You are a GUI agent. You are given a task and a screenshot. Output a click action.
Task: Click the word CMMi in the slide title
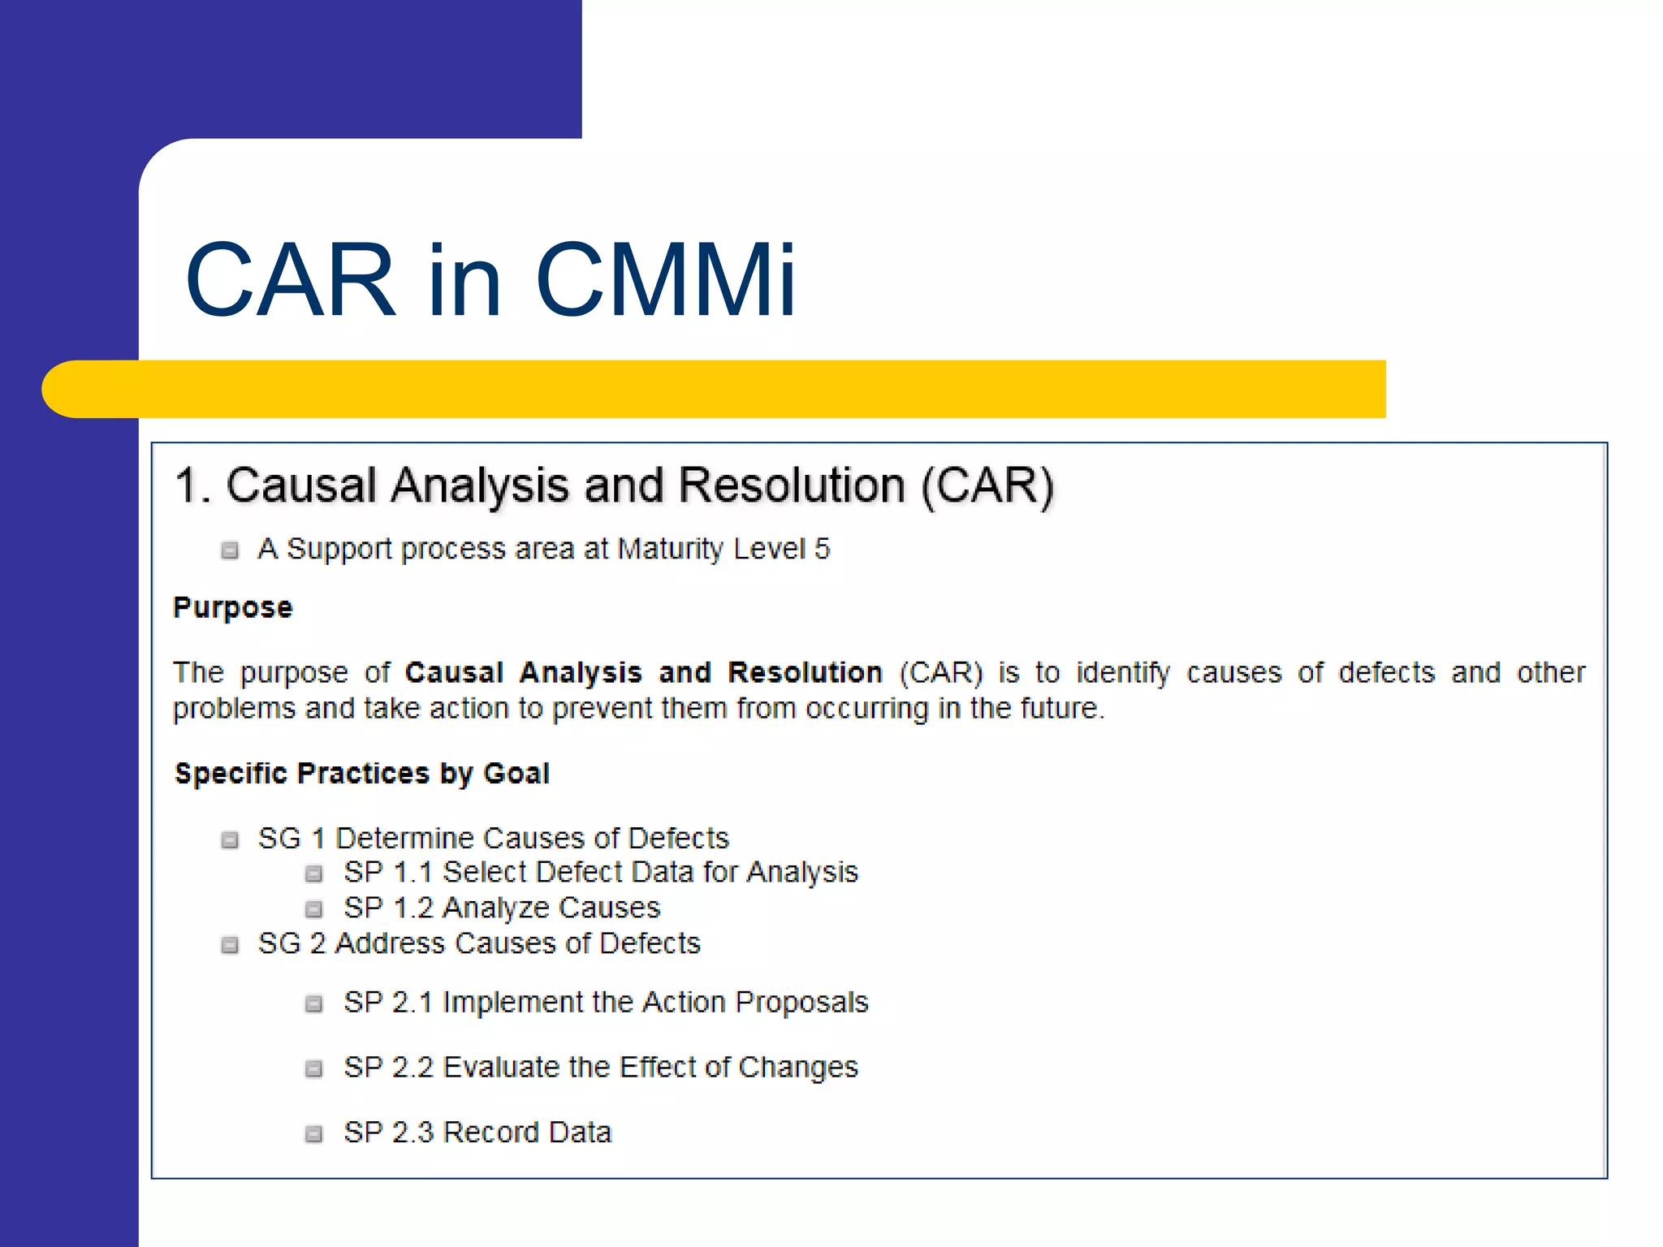(665, 280)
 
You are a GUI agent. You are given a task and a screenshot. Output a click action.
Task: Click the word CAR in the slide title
(290, 280)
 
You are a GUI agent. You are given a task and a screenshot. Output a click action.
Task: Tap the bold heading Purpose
(233, 608)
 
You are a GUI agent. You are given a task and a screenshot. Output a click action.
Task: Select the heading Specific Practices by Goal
(362, 774)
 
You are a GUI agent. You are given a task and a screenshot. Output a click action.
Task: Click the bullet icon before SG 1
(231, 839)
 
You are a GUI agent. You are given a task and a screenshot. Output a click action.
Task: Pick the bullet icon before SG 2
(231, 945)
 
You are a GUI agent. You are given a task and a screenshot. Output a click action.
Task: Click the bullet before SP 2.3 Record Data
(313, 1134)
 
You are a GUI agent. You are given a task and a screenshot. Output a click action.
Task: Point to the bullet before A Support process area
(231, 550)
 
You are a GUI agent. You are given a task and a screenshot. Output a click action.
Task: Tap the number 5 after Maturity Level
(822, 550)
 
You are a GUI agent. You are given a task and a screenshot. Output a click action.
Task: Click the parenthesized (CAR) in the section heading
(987, 486)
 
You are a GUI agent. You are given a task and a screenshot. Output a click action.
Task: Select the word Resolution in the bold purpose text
(805, 673)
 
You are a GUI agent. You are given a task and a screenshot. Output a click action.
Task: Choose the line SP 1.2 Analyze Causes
(502, 908)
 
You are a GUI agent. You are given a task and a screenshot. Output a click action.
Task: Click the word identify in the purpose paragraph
(1123, 674)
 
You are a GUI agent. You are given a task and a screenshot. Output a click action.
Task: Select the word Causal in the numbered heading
(301, 486)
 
